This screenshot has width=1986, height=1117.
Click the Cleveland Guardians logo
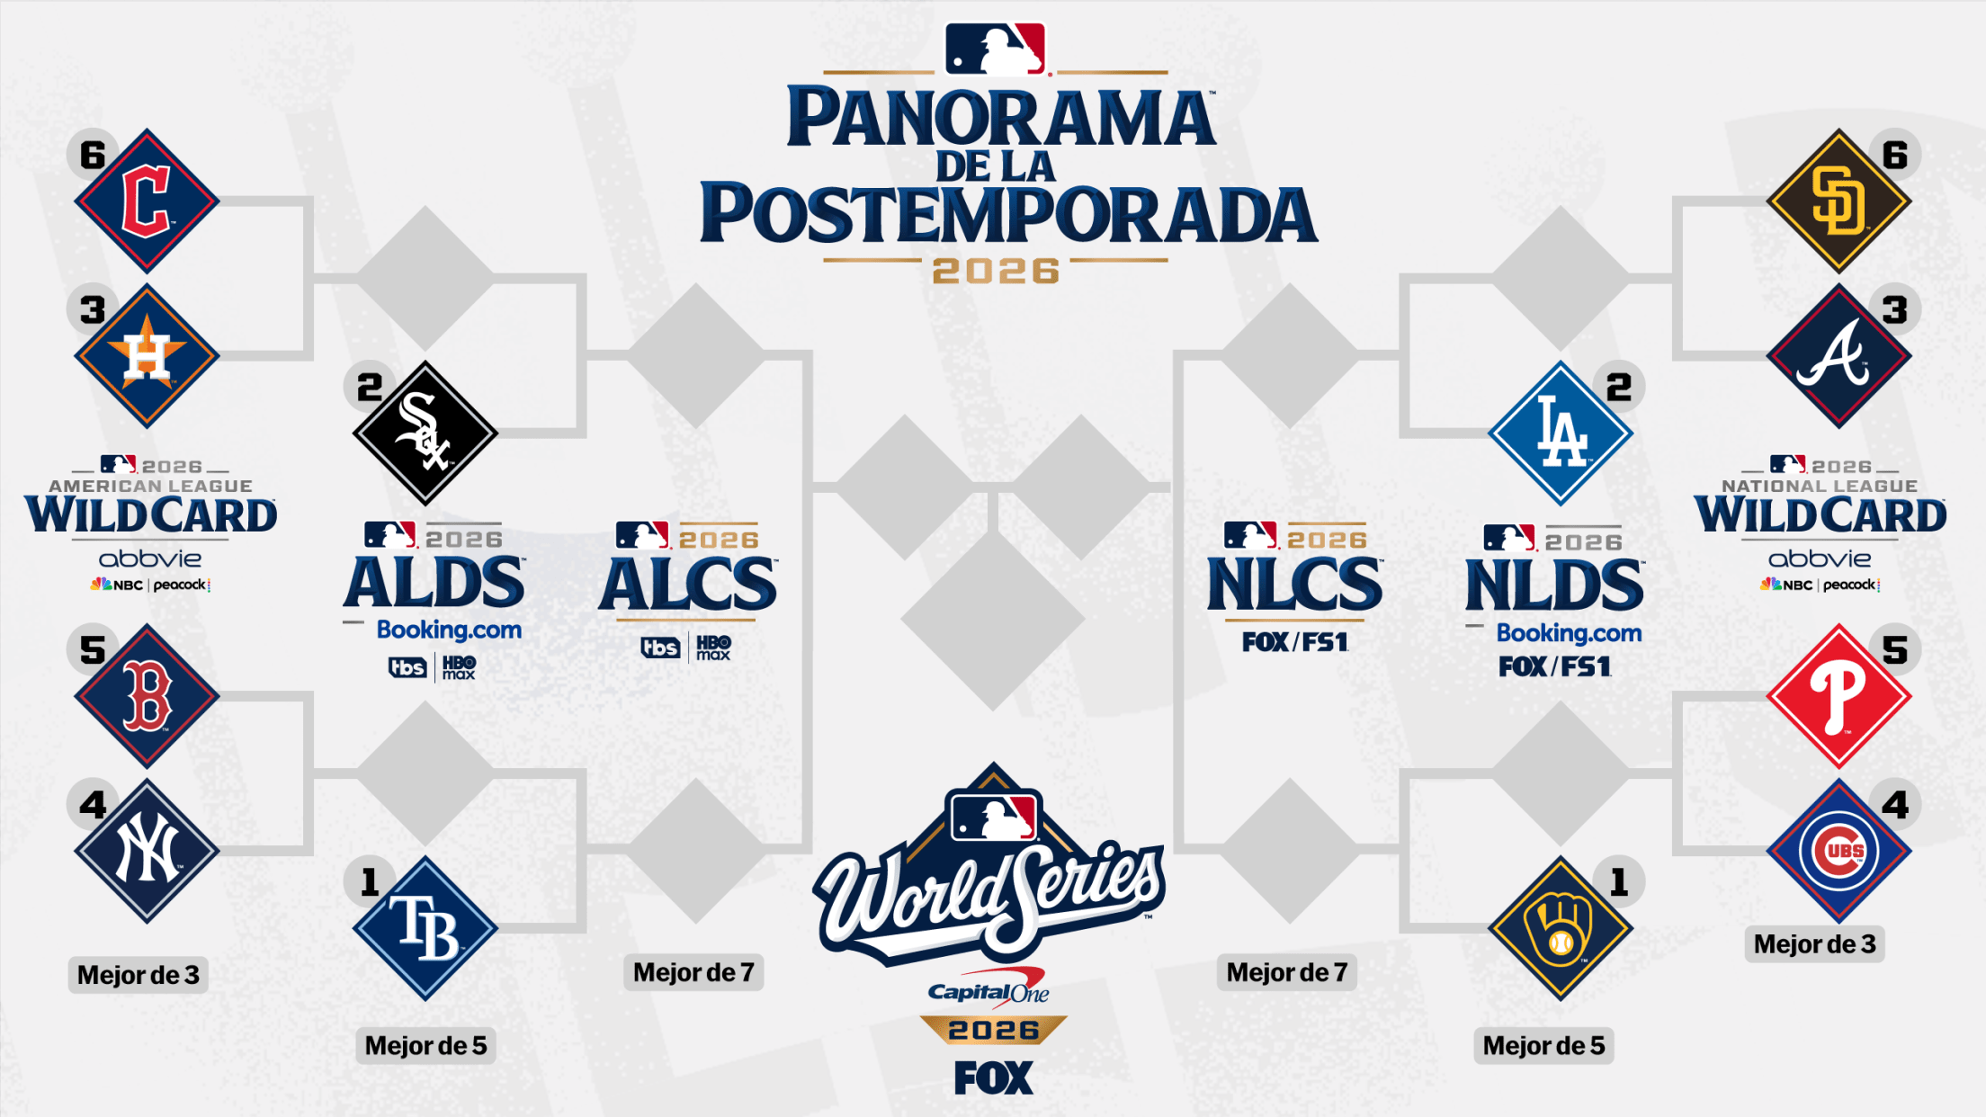point(147,201)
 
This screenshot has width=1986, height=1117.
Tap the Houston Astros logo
point(147,356)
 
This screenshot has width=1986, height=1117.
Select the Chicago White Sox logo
point(425,433)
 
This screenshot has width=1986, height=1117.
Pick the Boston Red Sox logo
point(147,695)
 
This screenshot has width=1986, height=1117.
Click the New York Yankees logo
point(147,851)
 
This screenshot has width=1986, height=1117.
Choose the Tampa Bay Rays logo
point(425,928)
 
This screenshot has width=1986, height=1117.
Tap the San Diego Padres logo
point(1838,201)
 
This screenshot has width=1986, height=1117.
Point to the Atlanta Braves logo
point(1838,356)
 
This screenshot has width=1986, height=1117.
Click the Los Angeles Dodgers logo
point(1561,433)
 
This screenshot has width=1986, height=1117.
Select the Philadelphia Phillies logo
point(1838,695)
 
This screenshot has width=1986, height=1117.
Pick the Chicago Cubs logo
point(1838,851)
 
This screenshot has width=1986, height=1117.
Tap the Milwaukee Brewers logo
point(1561,928)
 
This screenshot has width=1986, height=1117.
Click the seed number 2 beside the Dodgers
point(1619,388)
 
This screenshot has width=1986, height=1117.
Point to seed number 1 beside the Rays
point(369,882)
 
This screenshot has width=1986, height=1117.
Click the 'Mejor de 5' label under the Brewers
point(1543,1046)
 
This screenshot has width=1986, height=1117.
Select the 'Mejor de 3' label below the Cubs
point(1814,944)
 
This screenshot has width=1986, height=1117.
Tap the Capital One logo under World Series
point(989,987)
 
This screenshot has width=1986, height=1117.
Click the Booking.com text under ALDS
point(449,630)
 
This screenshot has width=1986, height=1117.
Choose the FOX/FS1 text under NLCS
point(1294,642)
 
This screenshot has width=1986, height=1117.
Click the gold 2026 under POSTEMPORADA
point(996,271)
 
